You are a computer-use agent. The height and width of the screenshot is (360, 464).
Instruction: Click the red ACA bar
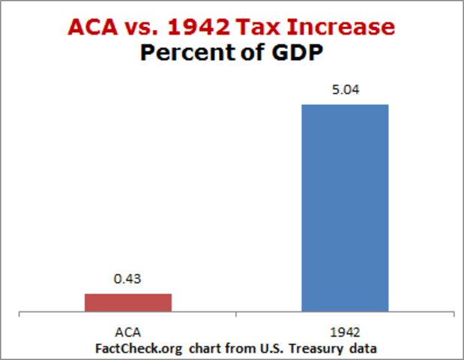pyautogui.click(x=128, y=302)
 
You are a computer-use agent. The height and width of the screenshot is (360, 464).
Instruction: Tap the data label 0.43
pyautogui.click(x=128, y=279)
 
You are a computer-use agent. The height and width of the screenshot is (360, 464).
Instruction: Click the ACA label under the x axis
pyautogui.click(x=128, y=331)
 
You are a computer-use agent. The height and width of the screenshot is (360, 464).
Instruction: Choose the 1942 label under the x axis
pyautogui.click(x=345, y=331)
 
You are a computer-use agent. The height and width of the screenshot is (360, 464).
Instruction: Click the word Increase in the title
pyautogui.click(x=344, y=27)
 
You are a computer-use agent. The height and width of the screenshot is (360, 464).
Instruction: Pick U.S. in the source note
pyautogui.click(x=263, y=347)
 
